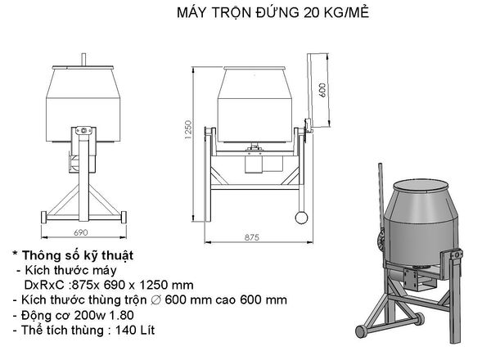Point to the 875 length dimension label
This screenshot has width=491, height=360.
pos(251,236)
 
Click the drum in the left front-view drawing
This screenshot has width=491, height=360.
pos(82,98)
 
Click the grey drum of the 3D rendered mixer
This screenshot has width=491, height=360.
pos(421,221)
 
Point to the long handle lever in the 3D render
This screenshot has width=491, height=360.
pos(381,205)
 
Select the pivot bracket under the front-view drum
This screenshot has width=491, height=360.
pos(82,134)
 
